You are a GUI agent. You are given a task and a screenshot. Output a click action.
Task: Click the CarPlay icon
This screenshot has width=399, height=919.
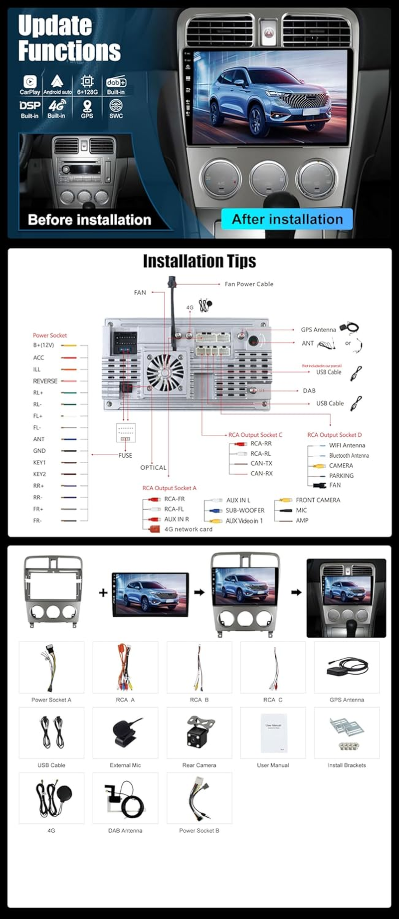(29, 82)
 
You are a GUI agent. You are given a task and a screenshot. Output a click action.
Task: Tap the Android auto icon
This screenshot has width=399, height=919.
(57, 81)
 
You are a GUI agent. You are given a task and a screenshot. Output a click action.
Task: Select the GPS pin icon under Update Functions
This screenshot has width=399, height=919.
(87, 106)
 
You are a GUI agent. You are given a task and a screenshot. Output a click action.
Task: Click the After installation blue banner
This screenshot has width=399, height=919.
(287, 219)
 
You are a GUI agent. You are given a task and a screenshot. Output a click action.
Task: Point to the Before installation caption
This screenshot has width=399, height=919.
(89, 220)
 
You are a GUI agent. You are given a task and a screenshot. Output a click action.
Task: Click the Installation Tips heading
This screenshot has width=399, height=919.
(199, 261)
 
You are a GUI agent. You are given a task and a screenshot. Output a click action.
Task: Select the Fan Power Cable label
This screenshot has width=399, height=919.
(249, 284)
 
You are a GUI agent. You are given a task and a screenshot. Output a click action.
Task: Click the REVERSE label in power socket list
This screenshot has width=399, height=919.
(45, 381)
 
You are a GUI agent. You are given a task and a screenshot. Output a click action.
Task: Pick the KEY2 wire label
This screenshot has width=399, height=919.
(39, 474)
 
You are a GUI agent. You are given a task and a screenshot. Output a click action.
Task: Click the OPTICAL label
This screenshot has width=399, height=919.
(153, 468)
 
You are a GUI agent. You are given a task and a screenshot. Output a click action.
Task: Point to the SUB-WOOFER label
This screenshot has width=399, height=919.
(245, 511)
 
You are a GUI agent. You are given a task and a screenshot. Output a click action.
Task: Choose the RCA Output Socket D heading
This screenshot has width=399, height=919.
(334, 435)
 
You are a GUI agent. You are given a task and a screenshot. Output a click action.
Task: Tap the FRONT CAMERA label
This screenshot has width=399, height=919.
(318, 500)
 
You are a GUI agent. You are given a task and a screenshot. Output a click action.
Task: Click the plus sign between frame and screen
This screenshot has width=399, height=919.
(103, 593)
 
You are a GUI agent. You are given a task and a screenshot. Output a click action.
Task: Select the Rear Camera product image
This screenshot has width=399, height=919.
(199, 733)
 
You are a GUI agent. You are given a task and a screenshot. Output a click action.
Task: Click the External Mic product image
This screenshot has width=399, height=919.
(125, 733)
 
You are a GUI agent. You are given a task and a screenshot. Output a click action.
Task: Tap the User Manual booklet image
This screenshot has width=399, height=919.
(273, 733)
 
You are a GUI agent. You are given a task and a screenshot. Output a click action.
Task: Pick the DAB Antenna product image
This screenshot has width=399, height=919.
(125, 798)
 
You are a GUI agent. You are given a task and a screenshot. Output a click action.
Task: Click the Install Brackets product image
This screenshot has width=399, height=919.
(347, 733)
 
